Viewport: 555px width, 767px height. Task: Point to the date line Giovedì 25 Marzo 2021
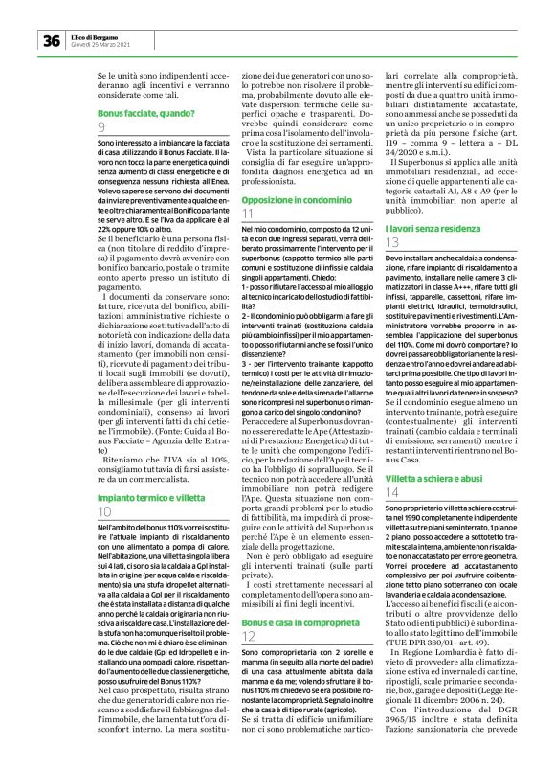pos(99,44)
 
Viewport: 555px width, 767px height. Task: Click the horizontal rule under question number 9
pos(158,135)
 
